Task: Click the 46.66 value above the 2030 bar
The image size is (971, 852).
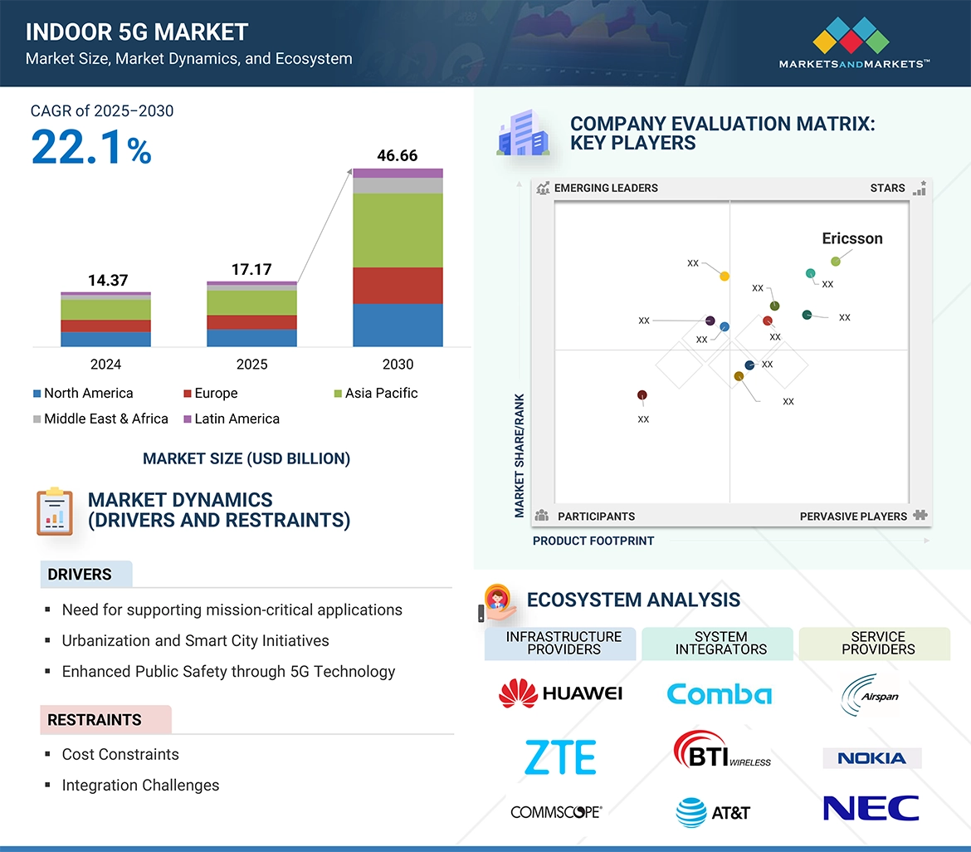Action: pos(397,155)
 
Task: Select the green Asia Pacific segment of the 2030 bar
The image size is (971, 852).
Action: pos(398,230)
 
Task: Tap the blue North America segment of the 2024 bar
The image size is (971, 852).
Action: pos(105,339)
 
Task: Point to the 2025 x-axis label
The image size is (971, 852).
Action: pos(251,365)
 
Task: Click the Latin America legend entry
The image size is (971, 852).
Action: pos(232,419)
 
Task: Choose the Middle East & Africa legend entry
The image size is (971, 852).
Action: pos(100,419)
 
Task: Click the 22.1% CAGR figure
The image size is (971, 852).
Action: pos(91,147)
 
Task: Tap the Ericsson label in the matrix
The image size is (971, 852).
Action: pos(851,238)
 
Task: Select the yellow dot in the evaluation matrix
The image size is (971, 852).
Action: pos(725,276)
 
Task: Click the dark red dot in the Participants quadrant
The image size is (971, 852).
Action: pos(642,395)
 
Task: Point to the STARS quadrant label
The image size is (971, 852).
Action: pos(887,188)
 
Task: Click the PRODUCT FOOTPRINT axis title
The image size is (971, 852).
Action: pos(593,541)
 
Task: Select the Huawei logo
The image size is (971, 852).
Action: pos(560,693)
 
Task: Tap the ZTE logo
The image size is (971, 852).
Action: pos(560,757)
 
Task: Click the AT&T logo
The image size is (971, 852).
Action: pos(713,812)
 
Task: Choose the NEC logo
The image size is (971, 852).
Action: pos(871,808)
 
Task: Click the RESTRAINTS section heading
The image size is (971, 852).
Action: pos(95,720)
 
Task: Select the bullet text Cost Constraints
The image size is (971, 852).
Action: pos(120,754)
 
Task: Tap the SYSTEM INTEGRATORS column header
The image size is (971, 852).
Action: pos(720,643)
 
